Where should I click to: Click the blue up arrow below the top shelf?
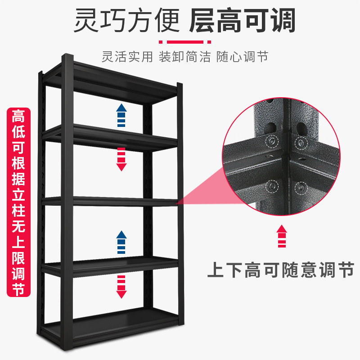pyautogui.click(x=121, y=115)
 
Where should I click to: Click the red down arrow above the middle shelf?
pyautogui.click(x=121, y=159)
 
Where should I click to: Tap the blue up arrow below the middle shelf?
pyautogui.click(x=121, y=243)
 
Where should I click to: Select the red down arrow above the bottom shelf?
pyautogui.click(x=121, y=287)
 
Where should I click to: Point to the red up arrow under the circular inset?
pyautogui.click(x=282, y=236)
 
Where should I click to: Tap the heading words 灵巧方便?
pyautogui.click(x=126, y=20)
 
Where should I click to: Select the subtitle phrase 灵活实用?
pyautogui.click(x=127, y=58)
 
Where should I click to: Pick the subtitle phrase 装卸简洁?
pyautogui.click(x=185, y=58)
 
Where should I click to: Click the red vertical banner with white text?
pyautogui.click(x=18, y=202)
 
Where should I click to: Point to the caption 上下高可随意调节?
pyautogui.click(x=280, y=270)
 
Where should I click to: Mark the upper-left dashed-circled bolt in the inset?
pyautogui.click(x=272, y=141)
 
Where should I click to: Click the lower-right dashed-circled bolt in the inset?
pyautogui.click(x=300, y=187)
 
